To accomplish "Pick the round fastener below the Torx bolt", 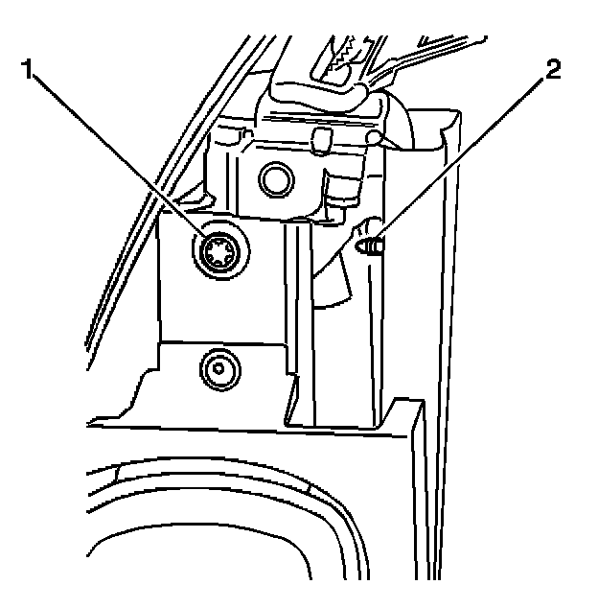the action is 218,366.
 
